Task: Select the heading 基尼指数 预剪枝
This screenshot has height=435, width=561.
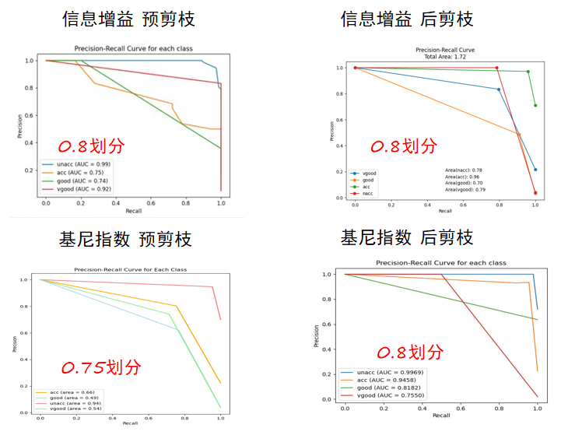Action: point(125,238)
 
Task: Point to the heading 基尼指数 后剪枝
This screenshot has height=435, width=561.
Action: point(407,236)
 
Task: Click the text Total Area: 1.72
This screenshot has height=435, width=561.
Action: point(445,56)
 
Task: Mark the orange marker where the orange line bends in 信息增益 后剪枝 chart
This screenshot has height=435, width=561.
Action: point(519,135)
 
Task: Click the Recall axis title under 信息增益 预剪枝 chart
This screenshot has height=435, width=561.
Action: point(133,212)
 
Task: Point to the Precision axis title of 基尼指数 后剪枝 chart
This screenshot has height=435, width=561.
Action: point(317,335)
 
